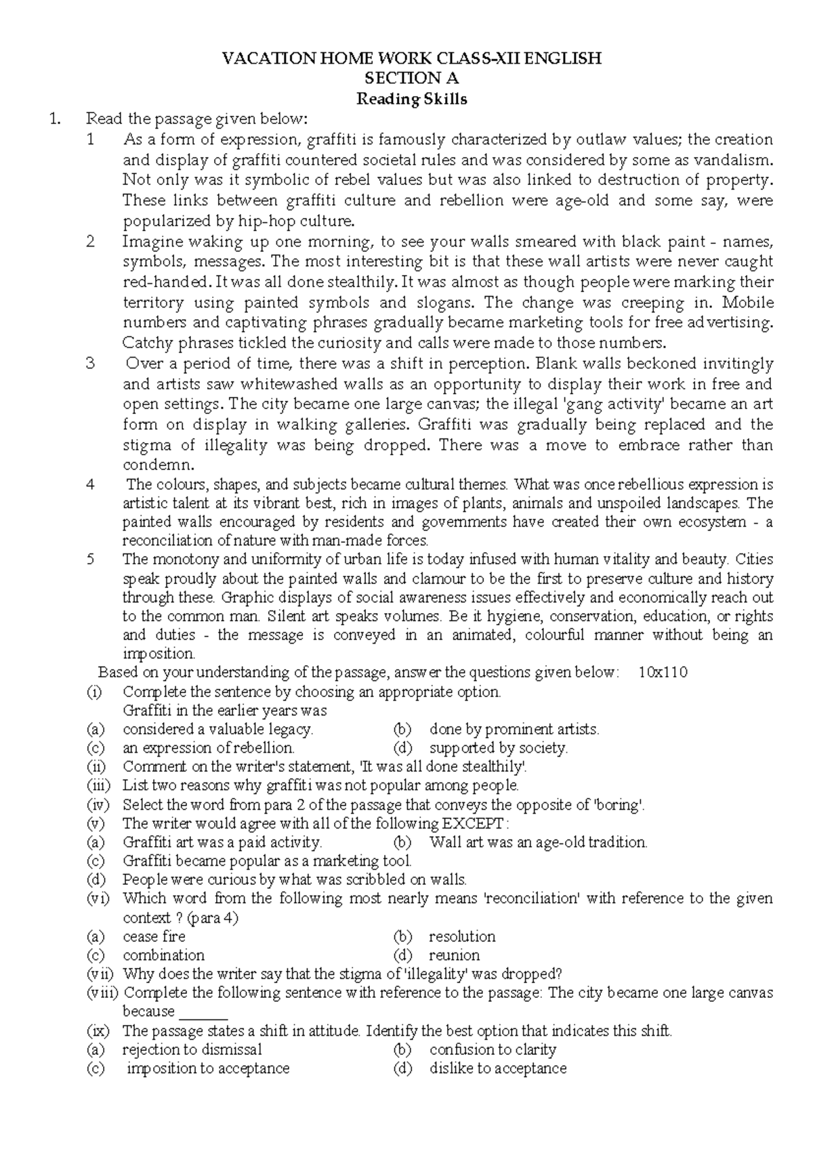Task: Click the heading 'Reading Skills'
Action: (x=412, y=99)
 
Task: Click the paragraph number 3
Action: (x=91, y=363)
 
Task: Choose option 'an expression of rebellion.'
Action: (x=208, y=748)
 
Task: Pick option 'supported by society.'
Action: (x=498, y=748)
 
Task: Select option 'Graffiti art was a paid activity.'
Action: (x=222, y=842)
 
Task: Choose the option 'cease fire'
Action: (x=154, y=936)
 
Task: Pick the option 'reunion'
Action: (x=454, y=955)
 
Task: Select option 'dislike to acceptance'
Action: (x=497, y=1068)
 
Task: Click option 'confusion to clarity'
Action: (x=493, y=1049)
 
